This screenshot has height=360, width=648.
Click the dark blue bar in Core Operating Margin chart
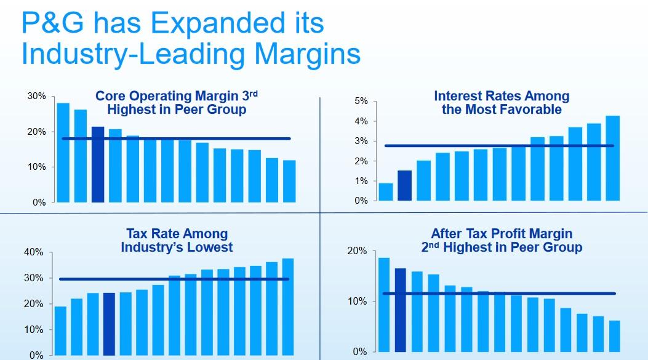pyautogui.click(x=98, y=164)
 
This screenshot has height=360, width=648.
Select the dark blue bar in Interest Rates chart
pyautogui.click(x=404, y=185)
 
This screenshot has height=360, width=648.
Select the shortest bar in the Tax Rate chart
pyautogui.click(x=60, y=330)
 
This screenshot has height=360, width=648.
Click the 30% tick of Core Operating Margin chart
pyautogui.click(x=37, y=97)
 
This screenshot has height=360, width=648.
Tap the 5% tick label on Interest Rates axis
pyautogui.click(x=361, y=101)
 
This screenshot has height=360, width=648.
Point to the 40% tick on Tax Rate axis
pyautogui.click(x=34, y=252)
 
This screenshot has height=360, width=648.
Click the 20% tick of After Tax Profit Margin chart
pyautogui.click(x=358, y=251)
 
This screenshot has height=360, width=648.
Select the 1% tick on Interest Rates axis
pyautogui.click(x=361, y=181)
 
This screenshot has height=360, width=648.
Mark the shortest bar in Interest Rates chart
pyautogui.click(x=386, y=191)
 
